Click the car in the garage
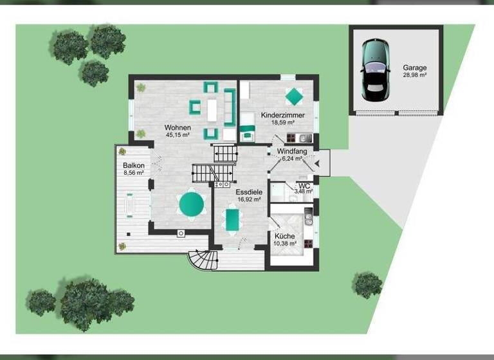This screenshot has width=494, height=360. click(x=373, y=69)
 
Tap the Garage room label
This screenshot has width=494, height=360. click(x=414, y=67)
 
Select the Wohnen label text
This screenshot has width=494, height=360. click(x=178, y=127)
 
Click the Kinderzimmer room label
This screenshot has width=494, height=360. click(x=282, y=115)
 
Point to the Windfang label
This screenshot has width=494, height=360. click(x=292, y=152)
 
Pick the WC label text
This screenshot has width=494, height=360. click(x=304, y=185)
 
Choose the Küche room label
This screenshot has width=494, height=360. click(x=284, y=236)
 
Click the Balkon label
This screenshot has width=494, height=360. click(x=134, y=165)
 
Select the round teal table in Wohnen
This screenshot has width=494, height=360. click(x=191, y=205)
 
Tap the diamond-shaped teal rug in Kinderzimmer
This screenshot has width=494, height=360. click(x=294, y=96)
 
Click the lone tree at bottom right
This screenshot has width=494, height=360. click(x=367, y=284)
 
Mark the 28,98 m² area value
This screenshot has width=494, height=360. click(x=414, y=75)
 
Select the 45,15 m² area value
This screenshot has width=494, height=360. click(x=178, y=135)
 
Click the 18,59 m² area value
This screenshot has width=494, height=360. click(x=282, y=122)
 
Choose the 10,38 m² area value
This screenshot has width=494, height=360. click(x=284, y=244)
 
